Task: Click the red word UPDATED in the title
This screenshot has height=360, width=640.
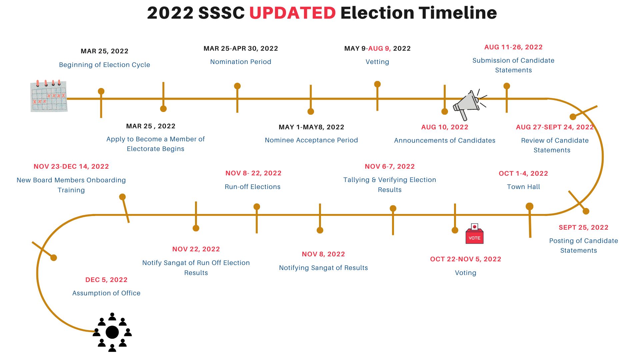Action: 292,13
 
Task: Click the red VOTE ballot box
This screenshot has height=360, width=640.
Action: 474,234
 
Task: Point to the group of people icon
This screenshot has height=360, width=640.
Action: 112,332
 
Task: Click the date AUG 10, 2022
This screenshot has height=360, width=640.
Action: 445,127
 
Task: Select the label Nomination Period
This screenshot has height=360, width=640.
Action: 241,62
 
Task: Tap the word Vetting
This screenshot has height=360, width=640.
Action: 377,62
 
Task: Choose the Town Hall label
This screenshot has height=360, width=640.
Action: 523,187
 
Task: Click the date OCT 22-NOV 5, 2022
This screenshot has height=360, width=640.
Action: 466,259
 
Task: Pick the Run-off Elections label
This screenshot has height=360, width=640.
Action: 253,187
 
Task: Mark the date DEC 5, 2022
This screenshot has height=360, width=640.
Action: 106,280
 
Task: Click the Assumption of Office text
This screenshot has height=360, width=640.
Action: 106,293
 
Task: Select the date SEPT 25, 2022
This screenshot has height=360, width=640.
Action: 584,227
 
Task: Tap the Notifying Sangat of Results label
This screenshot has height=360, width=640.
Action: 323,268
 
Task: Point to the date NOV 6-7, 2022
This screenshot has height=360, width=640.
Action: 390,166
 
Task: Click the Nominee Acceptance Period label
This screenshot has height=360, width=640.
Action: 311,140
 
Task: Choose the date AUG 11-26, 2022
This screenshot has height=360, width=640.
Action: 513,47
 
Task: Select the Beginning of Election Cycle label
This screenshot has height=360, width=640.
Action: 105,65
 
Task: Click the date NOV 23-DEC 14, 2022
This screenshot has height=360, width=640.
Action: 71,166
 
